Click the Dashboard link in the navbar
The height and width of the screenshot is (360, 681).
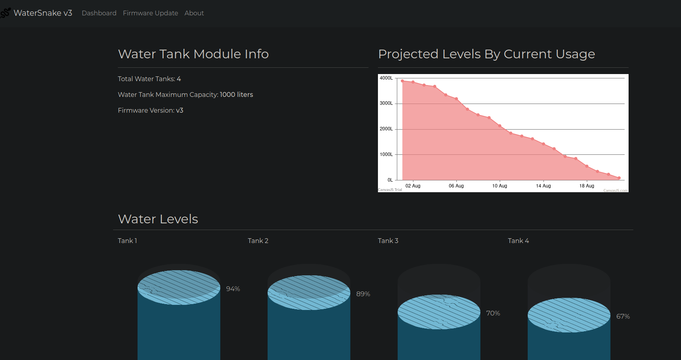[x=99, y=13]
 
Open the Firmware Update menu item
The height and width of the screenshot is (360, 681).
[x=151, y=13]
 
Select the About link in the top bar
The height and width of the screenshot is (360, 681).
[x=194, y=13]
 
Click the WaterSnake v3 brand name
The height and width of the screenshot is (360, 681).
[x=43, y=13]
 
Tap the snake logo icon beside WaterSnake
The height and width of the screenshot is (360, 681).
[x=5, y=13]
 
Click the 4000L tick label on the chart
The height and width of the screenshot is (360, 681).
[x=386, y=78]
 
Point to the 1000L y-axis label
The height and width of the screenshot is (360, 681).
[x=386, y=154]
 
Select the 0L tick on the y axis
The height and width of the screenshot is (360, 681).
[x=390, y=180]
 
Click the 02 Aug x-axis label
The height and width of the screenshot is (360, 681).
[x=413, y=186]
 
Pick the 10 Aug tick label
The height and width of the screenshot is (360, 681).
[x=500, y=186]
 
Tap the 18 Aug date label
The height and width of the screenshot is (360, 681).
[x=587, y=186]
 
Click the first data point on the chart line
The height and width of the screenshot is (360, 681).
[x=402, y=81]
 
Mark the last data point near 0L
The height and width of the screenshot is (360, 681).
[x=619, y=178]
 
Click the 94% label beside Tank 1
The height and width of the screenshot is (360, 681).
[x=233, y=289]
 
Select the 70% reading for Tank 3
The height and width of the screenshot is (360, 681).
[x=493, y=313]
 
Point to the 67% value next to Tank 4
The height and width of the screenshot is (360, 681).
[x=623, y=316]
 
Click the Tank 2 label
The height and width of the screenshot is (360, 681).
[x=258, y=241]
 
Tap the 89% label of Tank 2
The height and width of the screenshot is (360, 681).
[x=363, y=294]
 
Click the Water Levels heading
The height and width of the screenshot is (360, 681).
[x=158, y=219]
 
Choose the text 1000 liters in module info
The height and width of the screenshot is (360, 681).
[x=236, y=95]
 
